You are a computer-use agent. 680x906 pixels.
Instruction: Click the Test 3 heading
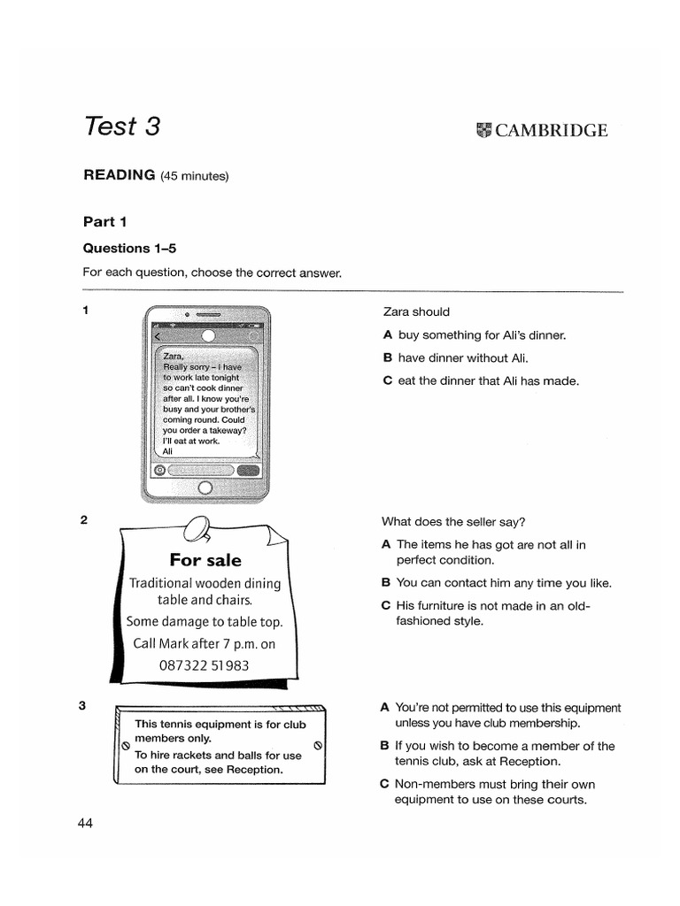pyautogui.click(x=122, y=126)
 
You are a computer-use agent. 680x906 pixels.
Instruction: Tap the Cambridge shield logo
pyautogui.click(x=483, y=131)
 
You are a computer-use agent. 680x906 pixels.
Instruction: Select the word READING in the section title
pyautogui.click(x=119, y=174)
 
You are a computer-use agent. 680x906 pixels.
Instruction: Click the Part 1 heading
pyautogui.click(x=105, y=221)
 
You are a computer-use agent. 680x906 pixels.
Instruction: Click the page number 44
pyautogui.click(x=85, y=823)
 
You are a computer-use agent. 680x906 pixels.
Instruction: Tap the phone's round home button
pyautogui.click(x=206, y=488)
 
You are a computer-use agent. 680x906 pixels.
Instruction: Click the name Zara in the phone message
pyautogui.click(x=174, y=356)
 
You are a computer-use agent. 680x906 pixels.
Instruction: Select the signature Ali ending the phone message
pyautogui.click(x=168, y=450)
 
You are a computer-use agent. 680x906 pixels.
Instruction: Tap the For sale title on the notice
pyautogui.click(x=205, y=560)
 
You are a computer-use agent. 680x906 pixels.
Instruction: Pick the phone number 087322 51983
pyautogui.click(x=205, y=665)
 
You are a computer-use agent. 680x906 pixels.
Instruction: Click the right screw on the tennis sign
pyautogui.click(x=317, y=745)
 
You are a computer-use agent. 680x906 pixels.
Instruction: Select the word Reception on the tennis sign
pyautogui.click(x=256, y=769)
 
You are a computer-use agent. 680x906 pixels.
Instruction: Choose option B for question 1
pyautogui.click(x=387, y=358)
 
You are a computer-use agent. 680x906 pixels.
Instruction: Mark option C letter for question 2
pyautogui.click(x=385, y=606)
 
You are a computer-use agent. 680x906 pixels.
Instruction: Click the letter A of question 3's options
pyautogui.click(x=384, y=708)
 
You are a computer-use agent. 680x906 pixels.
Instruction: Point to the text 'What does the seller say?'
pyautogui.click(x=447, y=521)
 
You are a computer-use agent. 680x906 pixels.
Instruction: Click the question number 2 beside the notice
pyautogui.click(x=84, y=520)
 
